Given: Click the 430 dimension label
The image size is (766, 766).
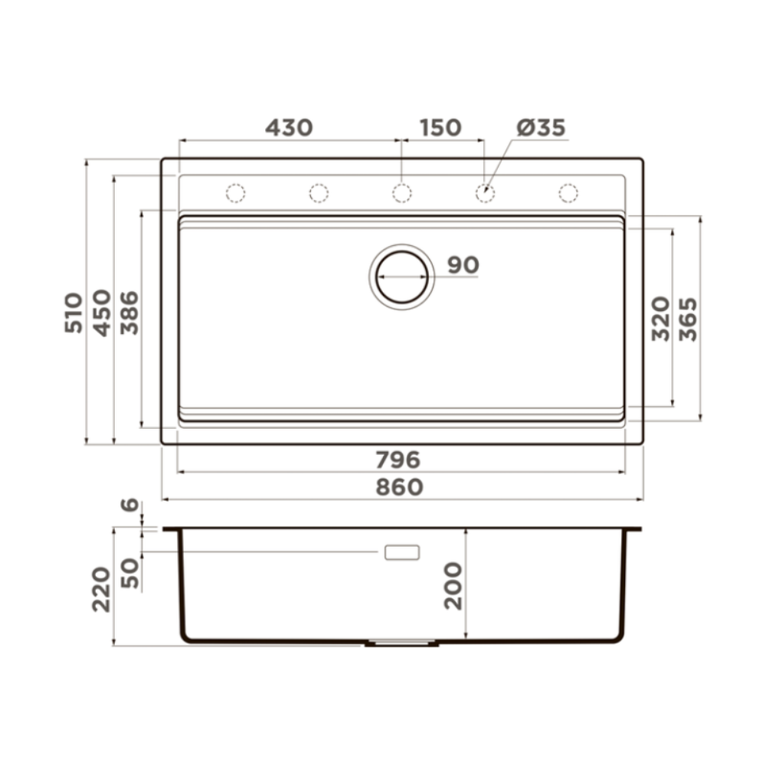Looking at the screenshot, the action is (x=289, y=127).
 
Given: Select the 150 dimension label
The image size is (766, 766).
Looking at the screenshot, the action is (x=440, y=127).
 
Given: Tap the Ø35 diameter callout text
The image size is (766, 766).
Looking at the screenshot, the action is (x=542, y=127).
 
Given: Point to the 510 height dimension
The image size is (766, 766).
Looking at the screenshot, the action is (x=74, y=313).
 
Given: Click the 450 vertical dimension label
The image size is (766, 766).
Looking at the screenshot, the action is (x=102, y=313).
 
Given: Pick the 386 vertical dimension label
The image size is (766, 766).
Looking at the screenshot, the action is (x=129, y=313).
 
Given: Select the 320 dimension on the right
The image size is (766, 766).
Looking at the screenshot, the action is (x=661, y=319).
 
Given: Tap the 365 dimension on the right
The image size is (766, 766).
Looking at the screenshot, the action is (x=689, y=319).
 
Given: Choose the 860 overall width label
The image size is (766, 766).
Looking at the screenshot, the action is (x=400, y=487).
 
